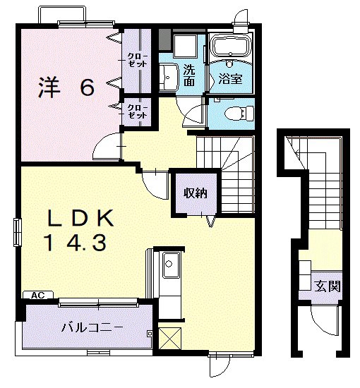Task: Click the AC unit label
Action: tap(38, 295)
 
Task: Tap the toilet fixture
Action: tap(239, 114)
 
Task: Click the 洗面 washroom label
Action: tap(189, 75)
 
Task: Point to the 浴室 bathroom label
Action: tap(230, 79)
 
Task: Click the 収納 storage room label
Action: tap(195, 193)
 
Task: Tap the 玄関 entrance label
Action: tap(328, 286)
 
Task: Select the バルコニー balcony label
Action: tap(92, 328)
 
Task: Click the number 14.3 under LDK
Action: tap(75, 243)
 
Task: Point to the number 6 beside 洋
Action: tap(88, 88)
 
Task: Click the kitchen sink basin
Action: tap(171, 265)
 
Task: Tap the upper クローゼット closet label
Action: tap(137, 60)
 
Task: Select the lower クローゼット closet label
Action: tap(137, 111)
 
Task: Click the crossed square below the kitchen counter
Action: tap(169, 338)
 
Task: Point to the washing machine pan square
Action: tap(185, 46)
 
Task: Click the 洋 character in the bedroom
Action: tap(49, 87)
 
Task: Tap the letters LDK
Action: tap(80, 218)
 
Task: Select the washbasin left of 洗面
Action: tap(169, 76)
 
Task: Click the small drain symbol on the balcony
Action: tap(150, 333)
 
